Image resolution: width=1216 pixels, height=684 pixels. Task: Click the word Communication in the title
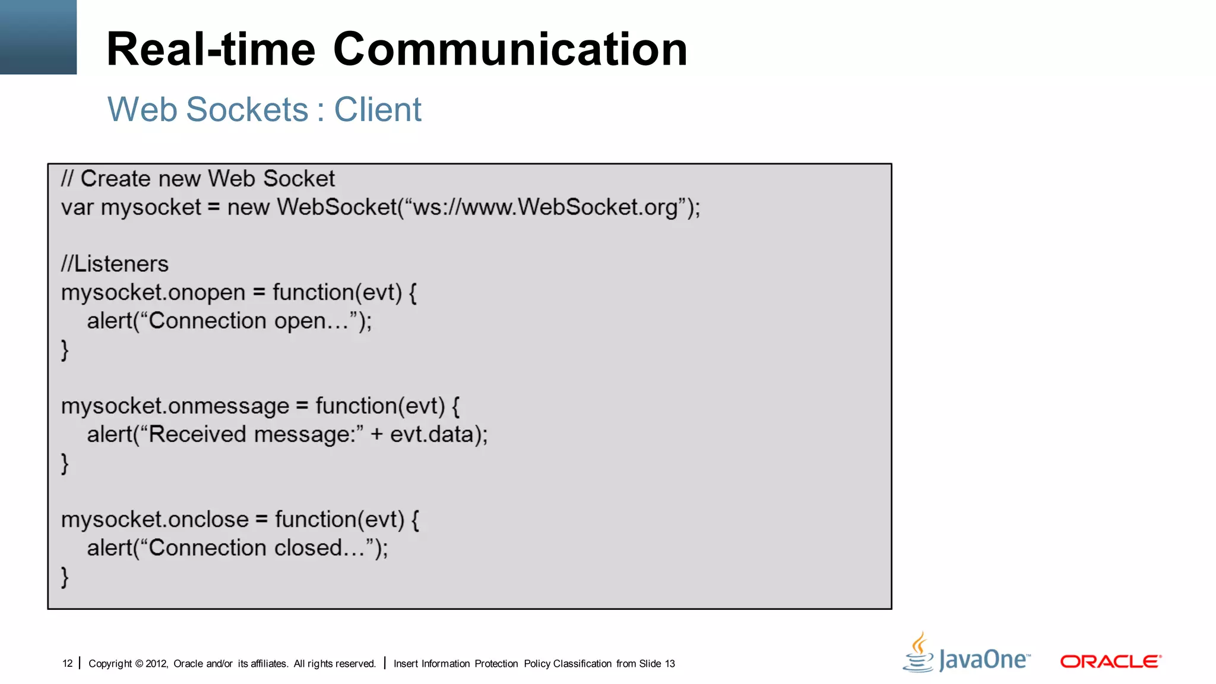(510, 49)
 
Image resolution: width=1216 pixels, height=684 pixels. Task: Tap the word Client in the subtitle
(378, 110)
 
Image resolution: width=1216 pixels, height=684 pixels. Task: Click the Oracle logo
(1110, 661)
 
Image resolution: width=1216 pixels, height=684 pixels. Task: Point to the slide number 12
(67, 664)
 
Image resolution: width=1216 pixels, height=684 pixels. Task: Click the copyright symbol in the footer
(139, 664)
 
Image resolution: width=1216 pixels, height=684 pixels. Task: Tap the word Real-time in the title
(211, 49)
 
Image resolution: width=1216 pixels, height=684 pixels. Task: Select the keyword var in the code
(77, 208)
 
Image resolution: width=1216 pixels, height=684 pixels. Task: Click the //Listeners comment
(115, 264)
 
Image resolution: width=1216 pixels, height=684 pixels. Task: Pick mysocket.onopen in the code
(153, 293)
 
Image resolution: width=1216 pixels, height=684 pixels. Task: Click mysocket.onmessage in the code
(175, 406)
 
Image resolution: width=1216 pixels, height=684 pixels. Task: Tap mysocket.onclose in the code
(155, 520)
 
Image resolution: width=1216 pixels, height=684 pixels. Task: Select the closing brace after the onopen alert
(65, 350)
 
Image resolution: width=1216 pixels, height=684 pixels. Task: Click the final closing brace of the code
(65, 577)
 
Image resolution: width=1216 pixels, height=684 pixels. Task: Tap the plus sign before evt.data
(377, 435)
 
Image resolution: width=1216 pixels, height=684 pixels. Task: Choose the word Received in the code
(197, 435)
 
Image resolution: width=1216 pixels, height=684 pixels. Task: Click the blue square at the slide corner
(38, 37)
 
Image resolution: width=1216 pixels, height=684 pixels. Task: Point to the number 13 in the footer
(670, 664)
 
